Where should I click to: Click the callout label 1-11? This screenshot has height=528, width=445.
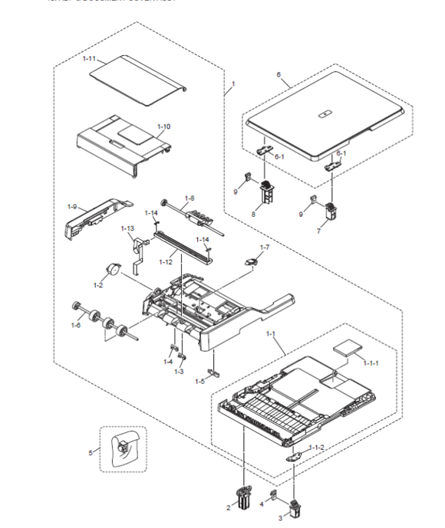pyautogui.click(x=89, y=59)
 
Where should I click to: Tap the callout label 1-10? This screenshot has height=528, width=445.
pyautogui.click(x=163, y=126)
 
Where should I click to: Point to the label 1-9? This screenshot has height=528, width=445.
pyautogui.click(x=72, y=206)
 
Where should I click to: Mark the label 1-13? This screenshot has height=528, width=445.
pyautogui.click(x=127, y=228)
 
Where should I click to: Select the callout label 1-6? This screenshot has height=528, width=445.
pyautogui.click(x=75, y=326)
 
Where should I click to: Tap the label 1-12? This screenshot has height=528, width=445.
pyautogui.click(x=165, y=262)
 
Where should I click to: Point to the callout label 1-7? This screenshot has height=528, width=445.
pyautogui.click(x=264, y=247)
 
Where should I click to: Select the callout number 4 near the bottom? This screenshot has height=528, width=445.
pyautogui.click(x=262, y=504)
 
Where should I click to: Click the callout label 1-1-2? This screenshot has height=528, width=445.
pyautogui.click(x=316, y=447)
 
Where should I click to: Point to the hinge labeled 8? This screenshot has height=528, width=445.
pyautogui.click(x=268, y=192)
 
